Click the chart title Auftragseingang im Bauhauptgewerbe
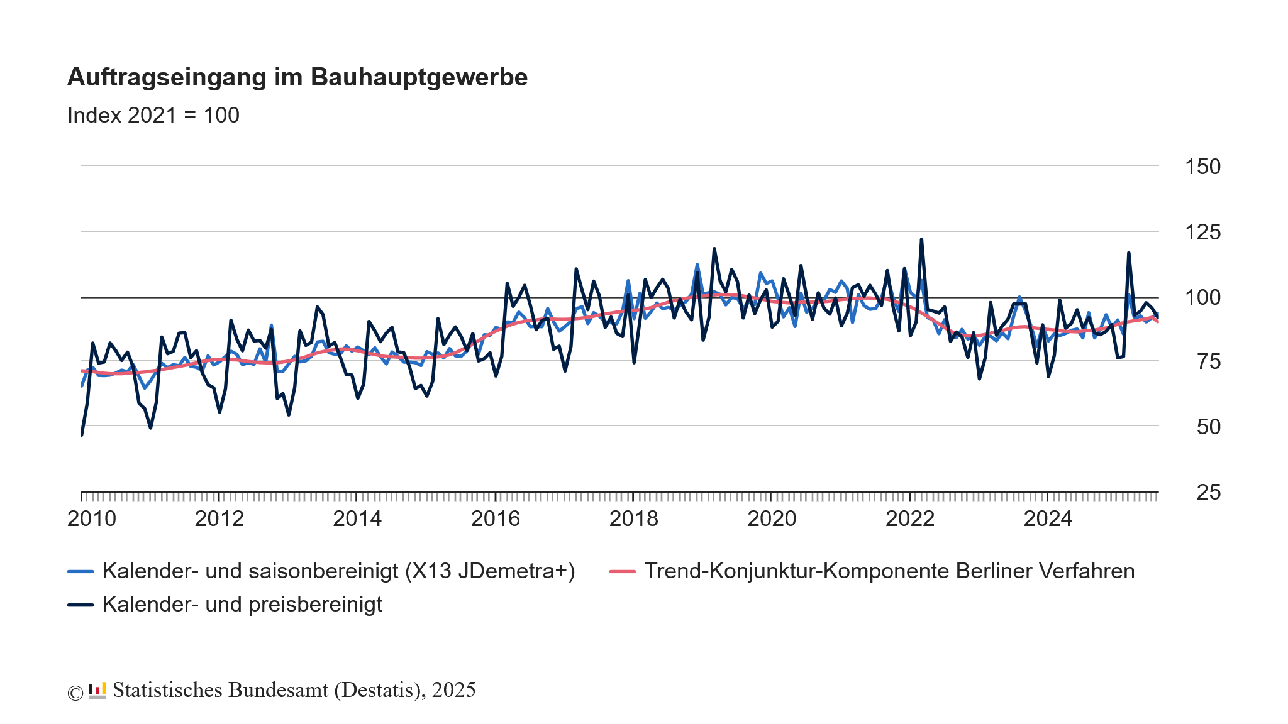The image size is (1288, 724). pyautogui.click(x=297, y=77)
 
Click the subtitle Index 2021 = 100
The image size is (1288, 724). pyautogui.click(x=153, y=115)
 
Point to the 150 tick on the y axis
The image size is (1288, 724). pyautogui.click(x=1202, y=167)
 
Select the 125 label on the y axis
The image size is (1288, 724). pyautogui.click(x=1202, y=232)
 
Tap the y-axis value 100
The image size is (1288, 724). pyautogui.click(x=1202, y=297)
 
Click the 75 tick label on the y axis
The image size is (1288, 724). pyautogui.click(x=1208, y=362)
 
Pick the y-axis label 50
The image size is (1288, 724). pyautogui.click(x=1208, y=427)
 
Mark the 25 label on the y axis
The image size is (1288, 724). pyautogui.click(x=1208, y=492)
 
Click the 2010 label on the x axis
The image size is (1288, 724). pyautogui.click(x=92, y=518)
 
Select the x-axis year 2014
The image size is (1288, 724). pyautogui.click(x=357, y=518)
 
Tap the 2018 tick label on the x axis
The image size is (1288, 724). pyautogui.click(x=633, y=518)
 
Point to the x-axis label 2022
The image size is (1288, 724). pyautogui.click(x=909, y=518)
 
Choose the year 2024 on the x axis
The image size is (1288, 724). pyautogui.click(x=1048, y=518)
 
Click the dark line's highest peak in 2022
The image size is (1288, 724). pyautogui.click(x=921, y=239)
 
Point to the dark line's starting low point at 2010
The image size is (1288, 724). pyautogui.click(x=82, y=434)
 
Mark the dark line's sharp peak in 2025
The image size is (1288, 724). pyautogui.click(x=1129, y=253)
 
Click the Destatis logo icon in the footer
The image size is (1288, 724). pyautogui.click(x=97, y=690)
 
